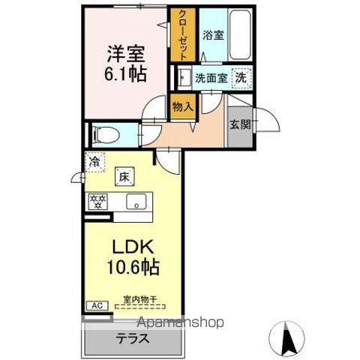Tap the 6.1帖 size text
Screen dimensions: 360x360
pos(125,75)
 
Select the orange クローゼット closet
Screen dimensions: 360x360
pos(181,34)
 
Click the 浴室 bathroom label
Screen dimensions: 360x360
pos(212,34)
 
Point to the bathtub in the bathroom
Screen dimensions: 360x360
pos(241,34)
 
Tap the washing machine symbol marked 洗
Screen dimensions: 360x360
pos(241,76)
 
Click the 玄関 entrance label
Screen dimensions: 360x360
pos(240,124)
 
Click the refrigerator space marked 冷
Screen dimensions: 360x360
pos(94,161)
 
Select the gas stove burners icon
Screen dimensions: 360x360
pos(97,201)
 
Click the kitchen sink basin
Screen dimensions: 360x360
pos(136,201)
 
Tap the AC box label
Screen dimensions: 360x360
pos(95,304)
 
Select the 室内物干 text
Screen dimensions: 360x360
pos(139,300)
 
